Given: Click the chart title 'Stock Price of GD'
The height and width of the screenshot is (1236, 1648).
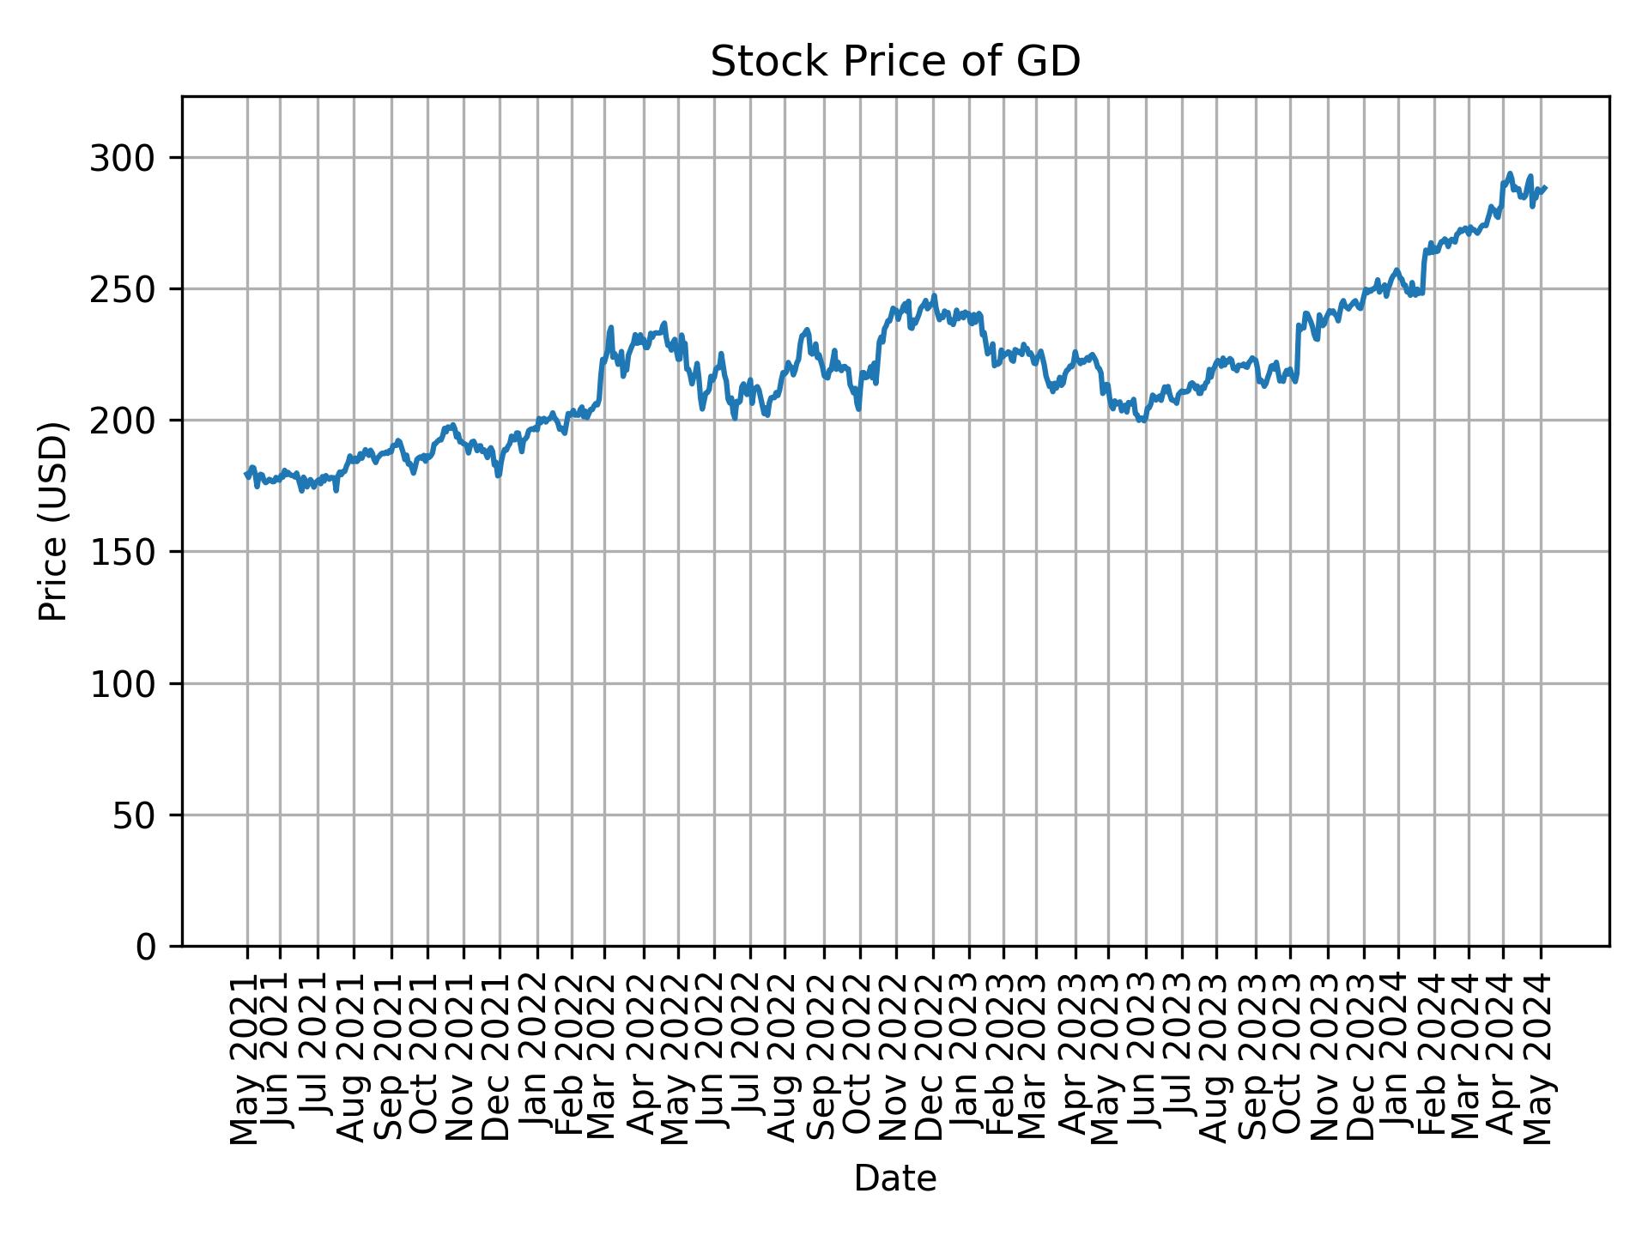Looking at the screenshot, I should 894,63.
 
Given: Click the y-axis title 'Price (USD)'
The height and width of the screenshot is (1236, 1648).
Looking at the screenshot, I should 54,521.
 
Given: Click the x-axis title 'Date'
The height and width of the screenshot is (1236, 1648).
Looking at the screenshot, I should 894,1178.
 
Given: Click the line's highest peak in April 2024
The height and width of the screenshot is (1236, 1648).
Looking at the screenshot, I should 1509,173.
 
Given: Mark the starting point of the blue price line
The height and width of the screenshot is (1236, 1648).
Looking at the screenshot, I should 246,473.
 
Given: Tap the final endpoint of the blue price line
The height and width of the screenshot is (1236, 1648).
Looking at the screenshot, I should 1545,188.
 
